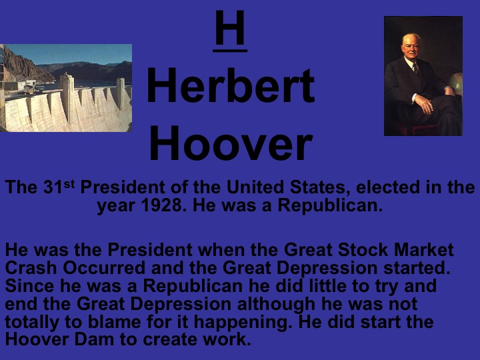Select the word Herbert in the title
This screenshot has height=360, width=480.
(230, 87)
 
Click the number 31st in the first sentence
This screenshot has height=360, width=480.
(58, 187)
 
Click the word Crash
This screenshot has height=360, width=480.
(28, 269)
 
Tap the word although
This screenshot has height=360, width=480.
(279, 305)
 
